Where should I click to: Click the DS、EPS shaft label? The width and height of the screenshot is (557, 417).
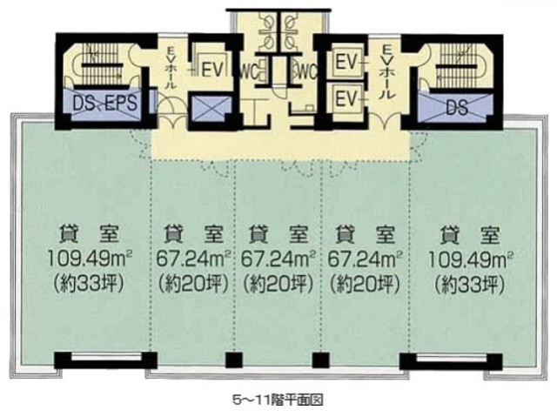click(x=104, y=103)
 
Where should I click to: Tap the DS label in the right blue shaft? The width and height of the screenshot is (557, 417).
click(x=457, y=107)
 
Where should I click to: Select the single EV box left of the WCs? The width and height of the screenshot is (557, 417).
click(x=212, y=69)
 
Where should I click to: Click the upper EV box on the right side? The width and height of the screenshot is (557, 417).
click(x=346, y=63)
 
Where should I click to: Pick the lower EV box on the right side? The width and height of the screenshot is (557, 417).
click(x=346, y=98)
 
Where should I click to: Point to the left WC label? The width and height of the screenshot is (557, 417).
click(x=249, y=72)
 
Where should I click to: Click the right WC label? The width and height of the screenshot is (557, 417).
click(x=307, y=72)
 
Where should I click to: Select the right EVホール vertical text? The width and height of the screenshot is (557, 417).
click(x=386, y=71)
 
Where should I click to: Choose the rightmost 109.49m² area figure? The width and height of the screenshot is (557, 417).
click(x=470, y=259)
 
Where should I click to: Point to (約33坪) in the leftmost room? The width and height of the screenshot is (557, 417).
click(x=89, y=283)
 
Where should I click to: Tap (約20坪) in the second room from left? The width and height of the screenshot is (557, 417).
click(x=193, y=284)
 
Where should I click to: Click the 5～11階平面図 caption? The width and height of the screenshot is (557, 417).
click(x=278, y=400)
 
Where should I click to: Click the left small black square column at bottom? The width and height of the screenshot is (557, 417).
click(x=234, y=360)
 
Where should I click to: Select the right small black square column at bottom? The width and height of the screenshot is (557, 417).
click(x=321, y=360)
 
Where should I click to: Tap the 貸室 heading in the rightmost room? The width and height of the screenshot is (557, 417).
click(x=470, y=235)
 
